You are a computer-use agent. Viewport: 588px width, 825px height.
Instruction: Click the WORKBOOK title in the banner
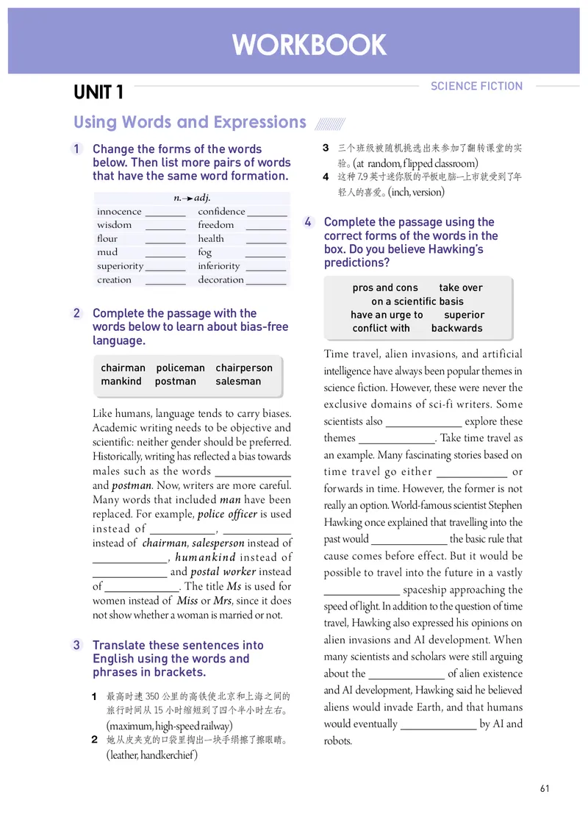[x=309, y=45]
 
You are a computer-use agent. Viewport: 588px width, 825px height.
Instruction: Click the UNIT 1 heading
[x=98, y=93]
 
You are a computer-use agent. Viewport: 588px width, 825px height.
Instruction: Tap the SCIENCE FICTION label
[x=476, y=86]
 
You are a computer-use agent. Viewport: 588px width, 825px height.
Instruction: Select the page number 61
[x=545, y=789]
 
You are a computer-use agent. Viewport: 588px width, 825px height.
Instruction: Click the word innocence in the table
[x=119, y=212]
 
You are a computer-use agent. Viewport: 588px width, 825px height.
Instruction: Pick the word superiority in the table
[x=120, y=266]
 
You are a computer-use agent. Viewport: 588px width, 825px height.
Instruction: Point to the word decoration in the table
[x=220, y=280]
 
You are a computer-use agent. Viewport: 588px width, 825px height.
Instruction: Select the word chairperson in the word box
[x=244, y=368]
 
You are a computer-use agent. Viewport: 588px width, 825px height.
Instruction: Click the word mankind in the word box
[x=121, y=382]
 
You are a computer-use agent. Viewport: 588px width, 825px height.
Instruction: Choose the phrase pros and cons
[x=384, y=288]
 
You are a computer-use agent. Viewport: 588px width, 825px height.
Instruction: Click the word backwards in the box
[x=456, y=329]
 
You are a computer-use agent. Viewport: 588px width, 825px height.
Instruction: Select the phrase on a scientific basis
[x=417, y=301]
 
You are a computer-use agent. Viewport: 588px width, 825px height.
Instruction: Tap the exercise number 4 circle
[x=309, y=222]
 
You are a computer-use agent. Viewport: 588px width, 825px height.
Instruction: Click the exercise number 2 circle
[x=77, y=313]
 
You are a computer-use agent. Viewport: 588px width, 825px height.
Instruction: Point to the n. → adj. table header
[x=192, y=198]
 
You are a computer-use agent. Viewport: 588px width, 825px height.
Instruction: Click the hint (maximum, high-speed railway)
[x=169, y=726]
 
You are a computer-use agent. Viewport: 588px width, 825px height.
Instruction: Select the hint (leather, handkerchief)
[x=152, y=755]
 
